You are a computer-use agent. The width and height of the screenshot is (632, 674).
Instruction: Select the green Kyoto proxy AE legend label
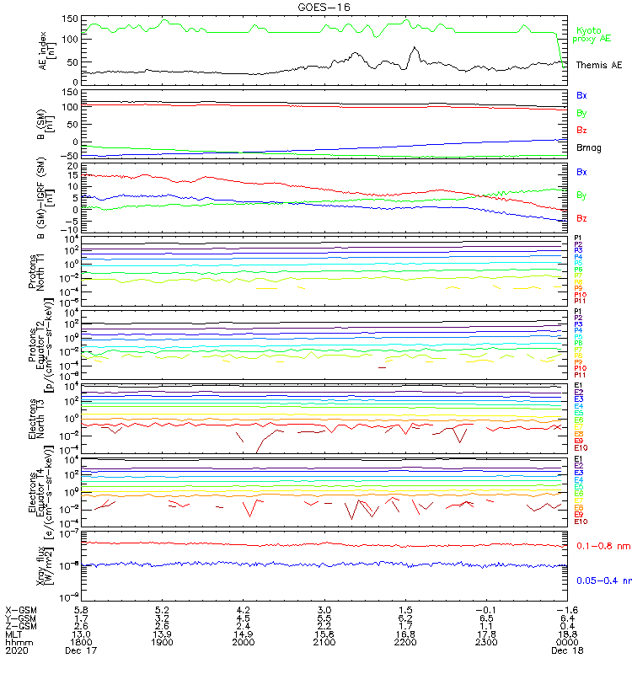(592, 35)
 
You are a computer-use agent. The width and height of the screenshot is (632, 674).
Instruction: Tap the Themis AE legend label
(599, 65)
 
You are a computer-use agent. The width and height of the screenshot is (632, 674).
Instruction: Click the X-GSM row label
(21, 608)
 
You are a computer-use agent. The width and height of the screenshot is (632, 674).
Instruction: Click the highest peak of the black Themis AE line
(414, 47)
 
